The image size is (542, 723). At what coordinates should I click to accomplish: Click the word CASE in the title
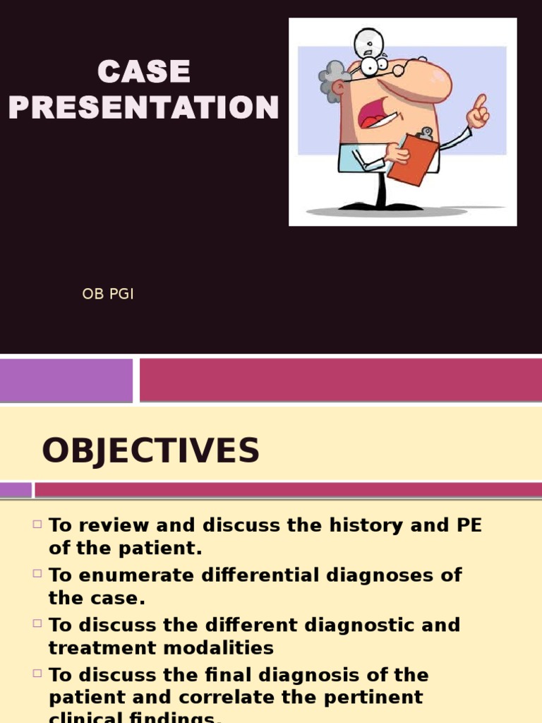click(144, 72)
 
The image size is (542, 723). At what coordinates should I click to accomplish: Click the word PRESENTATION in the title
click(144, 108)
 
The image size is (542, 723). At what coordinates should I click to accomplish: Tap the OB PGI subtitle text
click(108, 294)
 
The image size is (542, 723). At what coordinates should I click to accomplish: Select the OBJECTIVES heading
click(150, 450)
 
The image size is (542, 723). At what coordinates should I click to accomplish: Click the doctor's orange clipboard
click(414, 159)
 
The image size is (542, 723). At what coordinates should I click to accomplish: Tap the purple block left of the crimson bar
click(66, 380)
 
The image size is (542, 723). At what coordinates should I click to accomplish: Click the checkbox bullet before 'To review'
click(37, 525)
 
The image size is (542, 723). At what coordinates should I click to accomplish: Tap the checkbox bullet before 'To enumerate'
click(37, 574)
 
